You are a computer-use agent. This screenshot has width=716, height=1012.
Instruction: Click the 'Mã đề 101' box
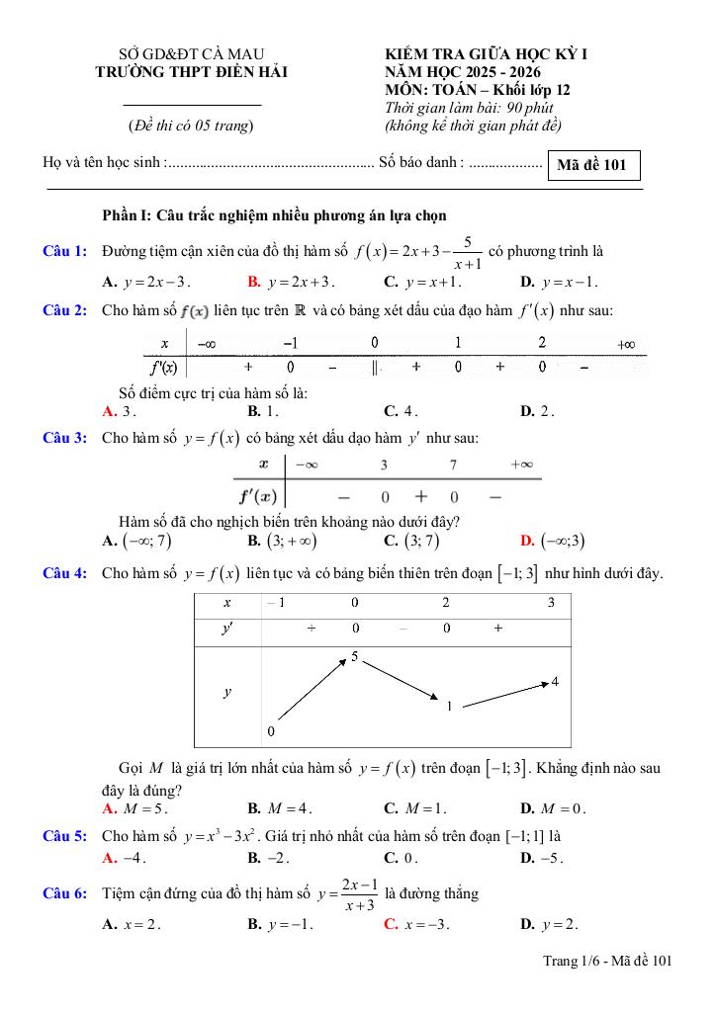coord(591,165)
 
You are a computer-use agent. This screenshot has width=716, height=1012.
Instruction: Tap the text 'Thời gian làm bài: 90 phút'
coord(470,108)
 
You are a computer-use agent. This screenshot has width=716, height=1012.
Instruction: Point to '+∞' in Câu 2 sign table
coord(624,345)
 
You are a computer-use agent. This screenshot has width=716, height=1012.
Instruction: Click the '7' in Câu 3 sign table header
coord(453,464)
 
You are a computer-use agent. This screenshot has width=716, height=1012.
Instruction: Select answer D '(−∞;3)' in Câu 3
coord(558,541)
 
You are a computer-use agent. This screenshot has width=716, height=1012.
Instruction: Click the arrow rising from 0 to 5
coord(311,690)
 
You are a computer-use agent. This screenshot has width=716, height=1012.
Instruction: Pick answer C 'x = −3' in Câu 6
coord(416,925)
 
